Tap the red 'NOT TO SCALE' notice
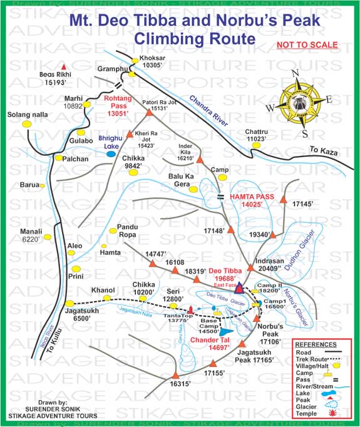[307, 46]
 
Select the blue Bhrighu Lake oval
[111, 152]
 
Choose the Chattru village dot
[255, 145]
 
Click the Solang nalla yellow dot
[28, 124]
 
